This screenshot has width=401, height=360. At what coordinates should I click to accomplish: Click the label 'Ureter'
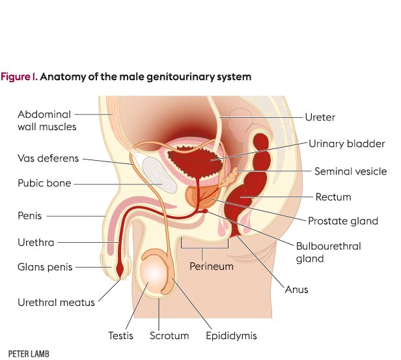tap(320, 118)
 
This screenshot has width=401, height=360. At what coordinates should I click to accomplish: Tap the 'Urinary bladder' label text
tap(347, 144)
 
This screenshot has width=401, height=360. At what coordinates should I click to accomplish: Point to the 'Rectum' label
tap(333, 197)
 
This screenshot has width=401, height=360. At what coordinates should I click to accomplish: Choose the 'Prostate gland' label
tap(343, 221)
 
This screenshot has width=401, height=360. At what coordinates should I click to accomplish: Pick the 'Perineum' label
tap(212, 266)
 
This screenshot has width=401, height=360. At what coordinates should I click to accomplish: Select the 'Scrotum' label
tap(169, 337)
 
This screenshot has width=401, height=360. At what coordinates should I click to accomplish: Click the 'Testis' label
tap(120, 337)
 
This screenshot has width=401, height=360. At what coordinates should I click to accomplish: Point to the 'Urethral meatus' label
tap(57, 302)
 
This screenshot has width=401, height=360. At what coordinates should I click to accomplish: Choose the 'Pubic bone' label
tap(44, 184)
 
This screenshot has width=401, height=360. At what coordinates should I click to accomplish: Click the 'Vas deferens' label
tap(48, 158)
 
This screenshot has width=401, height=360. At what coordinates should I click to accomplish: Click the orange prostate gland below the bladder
tap(196, 196)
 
